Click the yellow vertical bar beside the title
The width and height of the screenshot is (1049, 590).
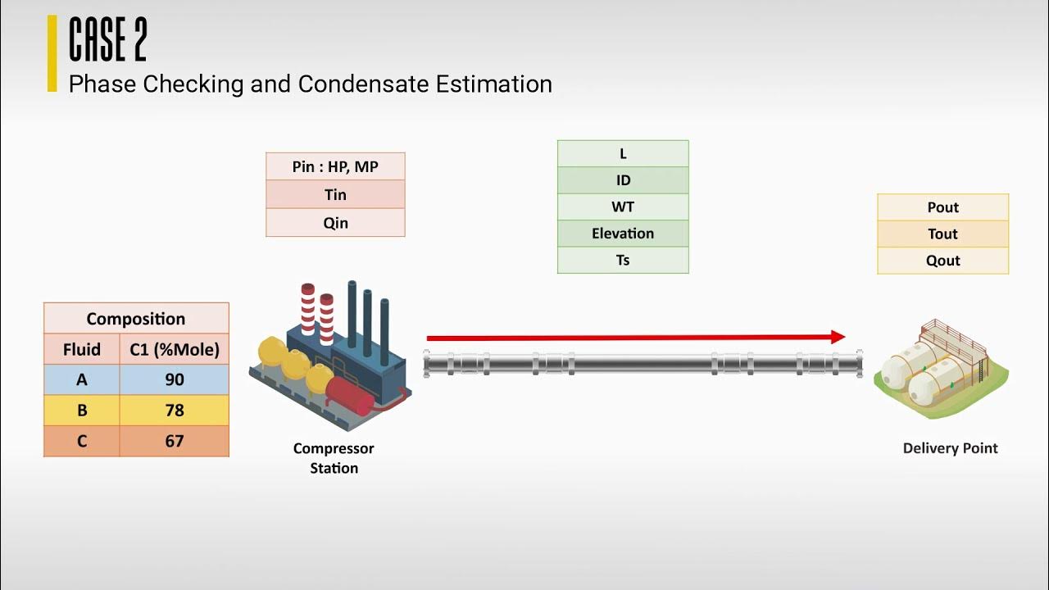52,53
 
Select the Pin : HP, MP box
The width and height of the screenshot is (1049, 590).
335,166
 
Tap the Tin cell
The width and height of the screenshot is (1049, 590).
335,194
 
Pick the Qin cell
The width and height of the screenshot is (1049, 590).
335,222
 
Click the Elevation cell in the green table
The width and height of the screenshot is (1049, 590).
623,234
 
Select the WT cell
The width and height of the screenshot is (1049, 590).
623,206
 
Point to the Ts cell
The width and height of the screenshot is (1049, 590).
623,260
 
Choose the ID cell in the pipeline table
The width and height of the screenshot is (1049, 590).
623,180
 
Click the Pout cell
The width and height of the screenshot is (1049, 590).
942,207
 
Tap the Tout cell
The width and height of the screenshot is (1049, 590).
942,234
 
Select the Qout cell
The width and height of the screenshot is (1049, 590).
942,261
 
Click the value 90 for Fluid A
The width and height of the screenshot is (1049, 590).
174,380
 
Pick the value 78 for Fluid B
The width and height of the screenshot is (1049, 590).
174,411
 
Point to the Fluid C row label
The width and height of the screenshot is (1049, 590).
82,441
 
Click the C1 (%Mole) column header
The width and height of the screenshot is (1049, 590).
174,350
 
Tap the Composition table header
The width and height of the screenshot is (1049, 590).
136,319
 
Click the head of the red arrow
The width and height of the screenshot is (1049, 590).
838,337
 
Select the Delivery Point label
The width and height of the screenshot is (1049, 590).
950,448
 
